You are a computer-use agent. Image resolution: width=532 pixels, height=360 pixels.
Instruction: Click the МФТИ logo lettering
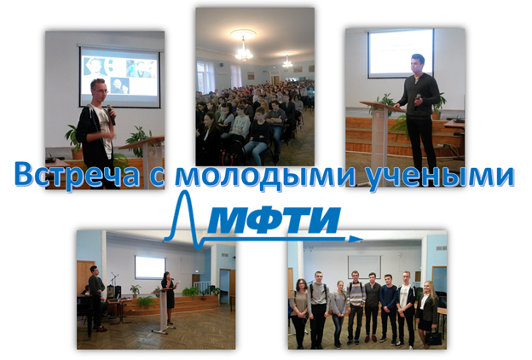[x=273, y=220]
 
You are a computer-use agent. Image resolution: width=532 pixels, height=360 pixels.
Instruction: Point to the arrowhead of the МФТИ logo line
[x=356, y=239]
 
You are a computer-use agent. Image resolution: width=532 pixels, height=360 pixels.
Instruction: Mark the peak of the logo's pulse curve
[x=185, y=192]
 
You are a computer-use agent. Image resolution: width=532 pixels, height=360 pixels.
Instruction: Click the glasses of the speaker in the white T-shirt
[x=101, y=90]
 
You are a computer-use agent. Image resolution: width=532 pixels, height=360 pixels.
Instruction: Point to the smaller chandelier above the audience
[x=287, y=62]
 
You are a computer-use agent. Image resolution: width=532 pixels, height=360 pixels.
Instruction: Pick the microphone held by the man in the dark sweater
[x=417, y=101]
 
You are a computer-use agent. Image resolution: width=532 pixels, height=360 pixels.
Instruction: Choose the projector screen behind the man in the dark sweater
[x=401, y=54]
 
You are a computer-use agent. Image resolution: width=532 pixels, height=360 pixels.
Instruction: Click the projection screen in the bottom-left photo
[x=150, y=267]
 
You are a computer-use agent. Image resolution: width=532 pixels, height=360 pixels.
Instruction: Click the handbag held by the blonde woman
[x=433, y=337]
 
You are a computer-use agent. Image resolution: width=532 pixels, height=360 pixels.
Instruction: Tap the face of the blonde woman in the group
[x=428, y=287]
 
